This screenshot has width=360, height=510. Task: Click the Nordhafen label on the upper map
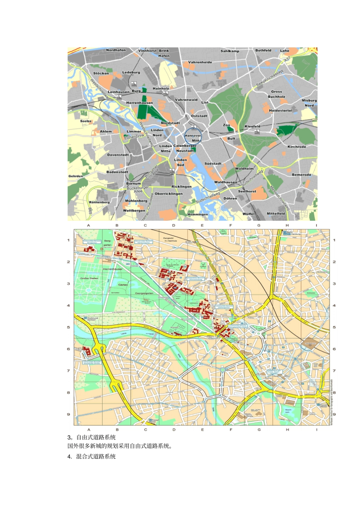(116, 50)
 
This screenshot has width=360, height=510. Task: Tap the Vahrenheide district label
(200, 62)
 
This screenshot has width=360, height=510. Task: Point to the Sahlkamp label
(230, 51)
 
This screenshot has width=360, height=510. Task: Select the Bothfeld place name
(263, 50)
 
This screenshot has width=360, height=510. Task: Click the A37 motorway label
(287, 60)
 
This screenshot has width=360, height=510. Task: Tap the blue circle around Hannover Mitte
(193, 137)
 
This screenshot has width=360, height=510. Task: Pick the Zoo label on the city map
(227, 125)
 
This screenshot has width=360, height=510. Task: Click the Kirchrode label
(297, 147)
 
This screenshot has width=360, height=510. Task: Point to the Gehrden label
(76, 176)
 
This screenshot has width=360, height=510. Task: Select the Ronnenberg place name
(99, 202)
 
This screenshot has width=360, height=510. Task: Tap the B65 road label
(90, 211)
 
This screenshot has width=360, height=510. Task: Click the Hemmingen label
(198, 214)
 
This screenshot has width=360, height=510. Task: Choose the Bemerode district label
(302, 175)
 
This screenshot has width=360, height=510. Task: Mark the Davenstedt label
(118, 155)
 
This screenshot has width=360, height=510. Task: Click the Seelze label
(86, 121)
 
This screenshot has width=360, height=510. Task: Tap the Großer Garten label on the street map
(89, 278)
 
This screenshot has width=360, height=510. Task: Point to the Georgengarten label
(144, 293)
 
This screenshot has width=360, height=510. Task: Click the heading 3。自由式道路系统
(92, 437)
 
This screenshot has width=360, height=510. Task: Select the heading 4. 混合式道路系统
(92, 457)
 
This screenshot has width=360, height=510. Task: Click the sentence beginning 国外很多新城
(120, 446)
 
